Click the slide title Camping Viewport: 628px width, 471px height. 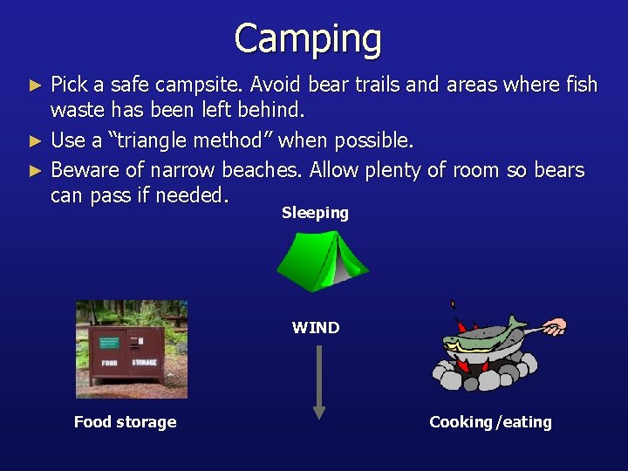(308, 39)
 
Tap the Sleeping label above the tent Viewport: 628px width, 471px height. (315, 213)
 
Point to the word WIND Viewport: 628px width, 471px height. (316, 328)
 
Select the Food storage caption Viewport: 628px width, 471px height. (125, 422)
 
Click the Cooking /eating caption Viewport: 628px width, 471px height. (490, 422)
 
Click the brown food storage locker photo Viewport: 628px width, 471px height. (131, 349)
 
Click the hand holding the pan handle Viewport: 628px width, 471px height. (555, 328)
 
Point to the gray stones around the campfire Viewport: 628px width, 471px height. (488, 375)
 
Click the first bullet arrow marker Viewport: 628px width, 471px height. (35, 85)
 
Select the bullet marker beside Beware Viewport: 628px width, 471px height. (35, 170)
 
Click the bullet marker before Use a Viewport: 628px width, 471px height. (35, 141)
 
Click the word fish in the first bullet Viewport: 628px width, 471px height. (579, 85)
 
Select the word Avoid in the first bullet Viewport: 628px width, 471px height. (275, 85)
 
